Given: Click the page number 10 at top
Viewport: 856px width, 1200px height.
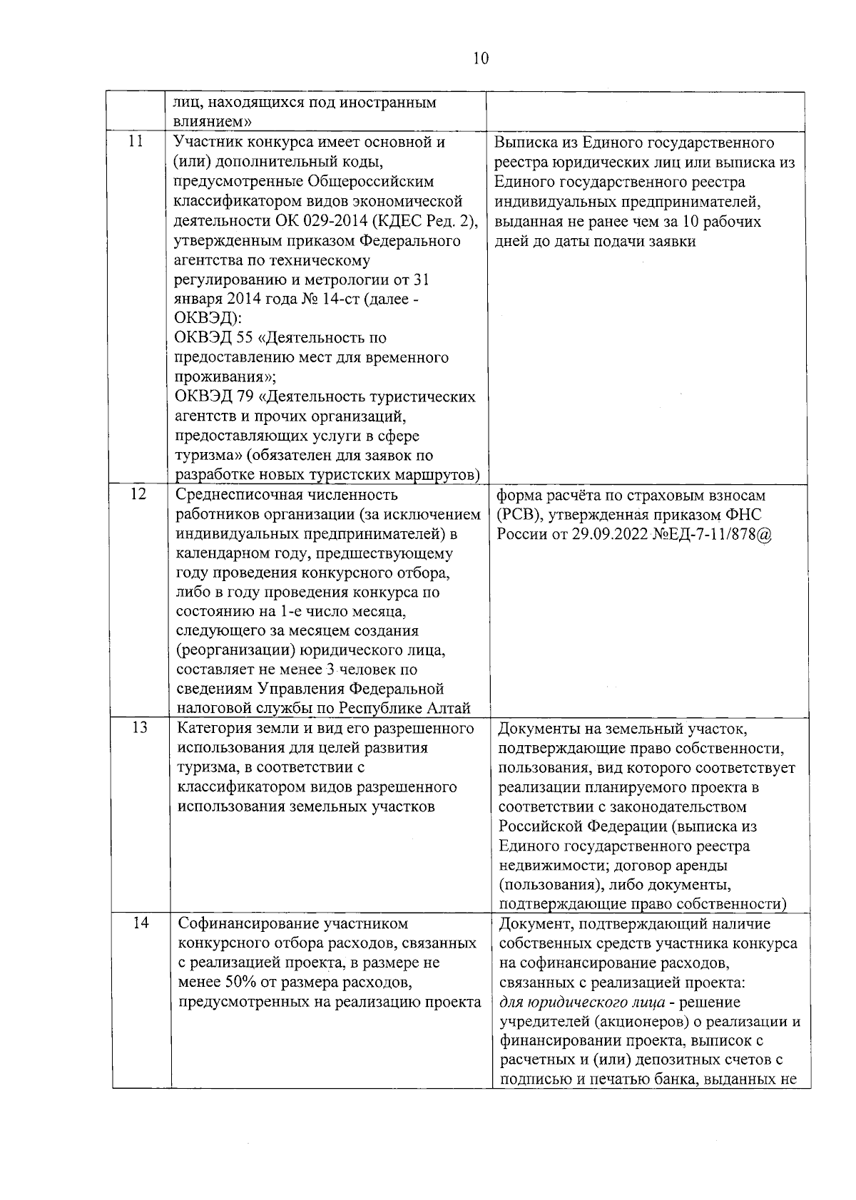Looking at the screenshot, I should [480, 58].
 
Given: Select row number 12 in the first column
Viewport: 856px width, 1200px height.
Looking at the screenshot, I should [138, 493].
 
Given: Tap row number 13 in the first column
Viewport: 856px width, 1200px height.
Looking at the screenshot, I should [140, 727].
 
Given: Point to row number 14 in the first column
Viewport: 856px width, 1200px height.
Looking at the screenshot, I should [141, 923].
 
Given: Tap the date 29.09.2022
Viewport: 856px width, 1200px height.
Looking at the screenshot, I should [610, 534].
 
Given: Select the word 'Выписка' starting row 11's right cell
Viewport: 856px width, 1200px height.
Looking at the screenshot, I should [525, 142].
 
